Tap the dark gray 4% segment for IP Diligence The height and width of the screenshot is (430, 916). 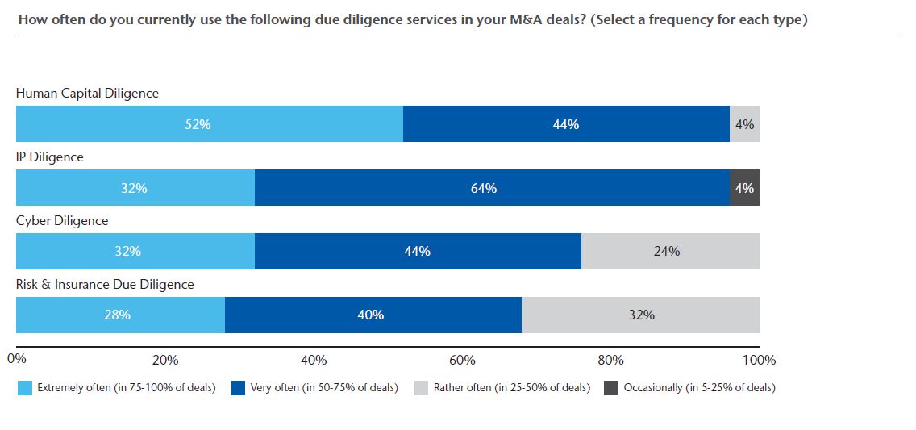[744, 188]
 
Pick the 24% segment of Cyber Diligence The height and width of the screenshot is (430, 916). [670, 251]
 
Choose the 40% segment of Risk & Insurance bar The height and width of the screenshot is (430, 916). [373, 315]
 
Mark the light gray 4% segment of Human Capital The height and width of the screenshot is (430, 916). [744, 124]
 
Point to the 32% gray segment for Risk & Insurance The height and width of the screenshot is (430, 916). [640, 315]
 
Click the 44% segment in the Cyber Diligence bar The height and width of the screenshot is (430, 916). [418, 251]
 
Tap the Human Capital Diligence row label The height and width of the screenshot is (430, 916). [87, 94]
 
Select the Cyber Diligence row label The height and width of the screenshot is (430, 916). [62, 220]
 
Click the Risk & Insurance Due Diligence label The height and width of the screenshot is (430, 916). [105, 284]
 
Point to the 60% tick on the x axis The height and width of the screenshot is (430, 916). [462, 360]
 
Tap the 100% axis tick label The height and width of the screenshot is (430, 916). [759, 360]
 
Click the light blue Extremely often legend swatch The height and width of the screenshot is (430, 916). [24, 388]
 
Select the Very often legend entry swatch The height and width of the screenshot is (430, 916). [238, 388]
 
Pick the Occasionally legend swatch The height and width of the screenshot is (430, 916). [610, 388]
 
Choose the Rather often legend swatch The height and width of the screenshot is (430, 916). [421, 388]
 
